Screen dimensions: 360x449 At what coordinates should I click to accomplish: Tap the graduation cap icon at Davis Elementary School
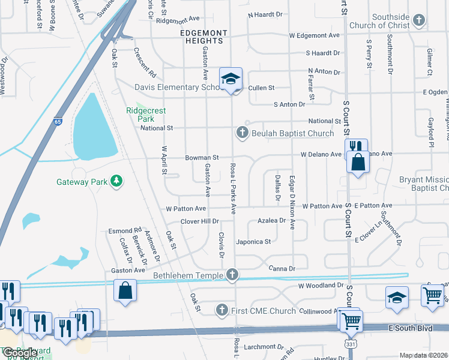point(231,79)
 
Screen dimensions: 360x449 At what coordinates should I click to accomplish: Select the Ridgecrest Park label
point(146,115)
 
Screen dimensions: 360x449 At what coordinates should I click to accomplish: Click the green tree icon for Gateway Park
point(118,181)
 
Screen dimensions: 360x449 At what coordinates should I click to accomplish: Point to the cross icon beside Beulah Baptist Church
point(243,133)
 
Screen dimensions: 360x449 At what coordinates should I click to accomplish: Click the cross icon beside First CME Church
point(221,310)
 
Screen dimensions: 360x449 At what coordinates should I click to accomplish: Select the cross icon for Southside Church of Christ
point(418,20)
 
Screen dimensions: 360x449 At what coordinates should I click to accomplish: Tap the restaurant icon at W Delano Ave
point(355,146)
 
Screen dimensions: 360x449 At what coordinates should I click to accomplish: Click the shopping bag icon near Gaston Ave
point(125,291)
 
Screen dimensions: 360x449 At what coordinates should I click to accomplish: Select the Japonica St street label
point(255,242)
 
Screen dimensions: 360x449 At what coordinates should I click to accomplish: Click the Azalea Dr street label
point(272,221)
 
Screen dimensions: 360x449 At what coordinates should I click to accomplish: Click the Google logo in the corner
point(19,353)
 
